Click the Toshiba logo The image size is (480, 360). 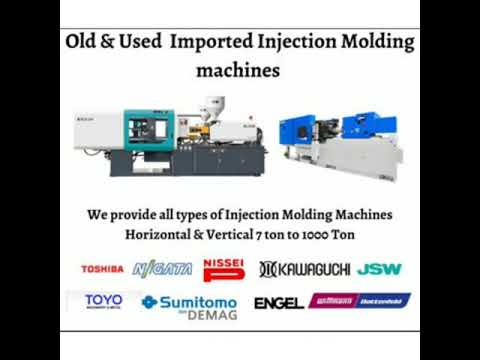103,269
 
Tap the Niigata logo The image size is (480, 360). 162,269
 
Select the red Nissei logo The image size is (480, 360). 224,268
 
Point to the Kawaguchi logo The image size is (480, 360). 303,269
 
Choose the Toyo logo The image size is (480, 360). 103,301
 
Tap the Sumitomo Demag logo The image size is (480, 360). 191,302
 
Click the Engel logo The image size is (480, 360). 279,302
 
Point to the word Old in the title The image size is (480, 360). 82,43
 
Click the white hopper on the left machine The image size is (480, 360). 212,106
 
